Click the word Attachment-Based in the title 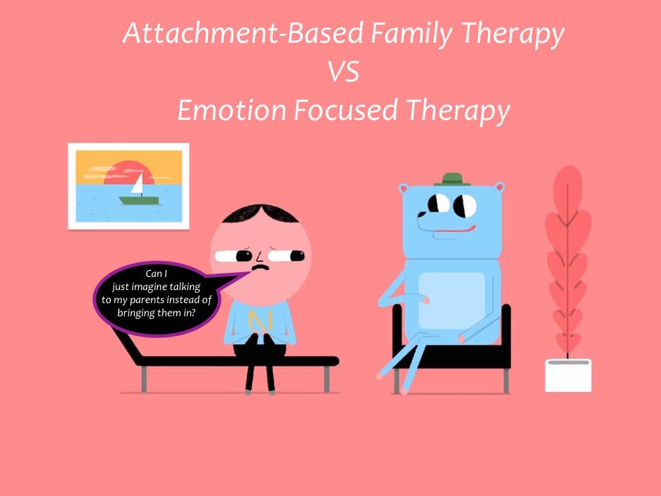(x=243, y=33)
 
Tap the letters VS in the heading (x=344, y=71)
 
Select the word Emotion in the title (x=231, y=110)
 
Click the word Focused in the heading (x=346, y=110)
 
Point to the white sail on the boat (x=138, y=183)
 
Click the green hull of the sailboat (x=139, y=200)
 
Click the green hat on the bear (x=452, y=179)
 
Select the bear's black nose (x=421, y=214)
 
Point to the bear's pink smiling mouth (x=455, y=230)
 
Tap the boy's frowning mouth (x=260, y=267)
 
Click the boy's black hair (x=260, y=214)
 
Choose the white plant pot (x=568, y=375)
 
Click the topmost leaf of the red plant (x=568, y=190)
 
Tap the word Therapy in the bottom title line (x=458, y=110)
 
